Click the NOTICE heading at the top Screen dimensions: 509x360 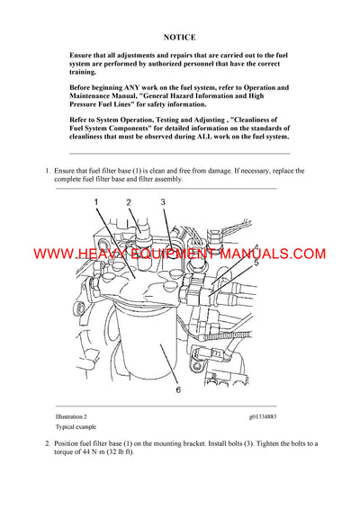point(180,38)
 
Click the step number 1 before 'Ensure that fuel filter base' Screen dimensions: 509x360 point(46,170)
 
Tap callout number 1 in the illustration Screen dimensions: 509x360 point(96,203)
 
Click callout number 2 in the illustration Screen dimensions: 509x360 point(128,203)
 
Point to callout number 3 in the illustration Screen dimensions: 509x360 point(163,203)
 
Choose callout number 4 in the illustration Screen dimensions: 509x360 point(256,247)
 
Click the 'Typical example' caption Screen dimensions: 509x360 point(76,429)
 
